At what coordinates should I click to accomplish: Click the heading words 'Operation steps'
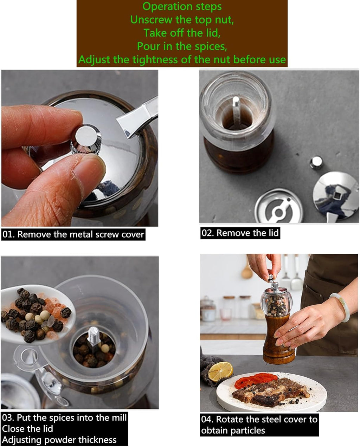tap(182, 7)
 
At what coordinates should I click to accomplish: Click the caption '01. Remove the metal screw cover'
tap(73, 234)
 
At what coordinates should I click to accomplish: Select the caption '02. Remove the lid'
tap(240, 233)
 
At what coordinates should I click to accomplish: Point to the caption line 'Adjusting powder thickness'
tap(59, 440)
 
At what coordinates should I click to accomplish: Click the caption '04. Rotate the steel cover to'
tap(259, 419)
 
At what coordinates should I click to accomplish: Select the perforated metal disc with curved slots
tap(278, 207)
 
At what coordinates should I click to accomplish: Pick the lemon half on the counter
tap(220, 371)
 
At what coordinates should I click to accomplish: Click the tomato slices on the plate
tap(255, 380)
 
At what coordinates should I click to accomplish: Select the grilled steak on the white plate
tap(271, 391)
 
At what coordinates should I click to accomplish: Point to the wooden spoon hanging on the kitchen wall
tap(247, 271)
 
